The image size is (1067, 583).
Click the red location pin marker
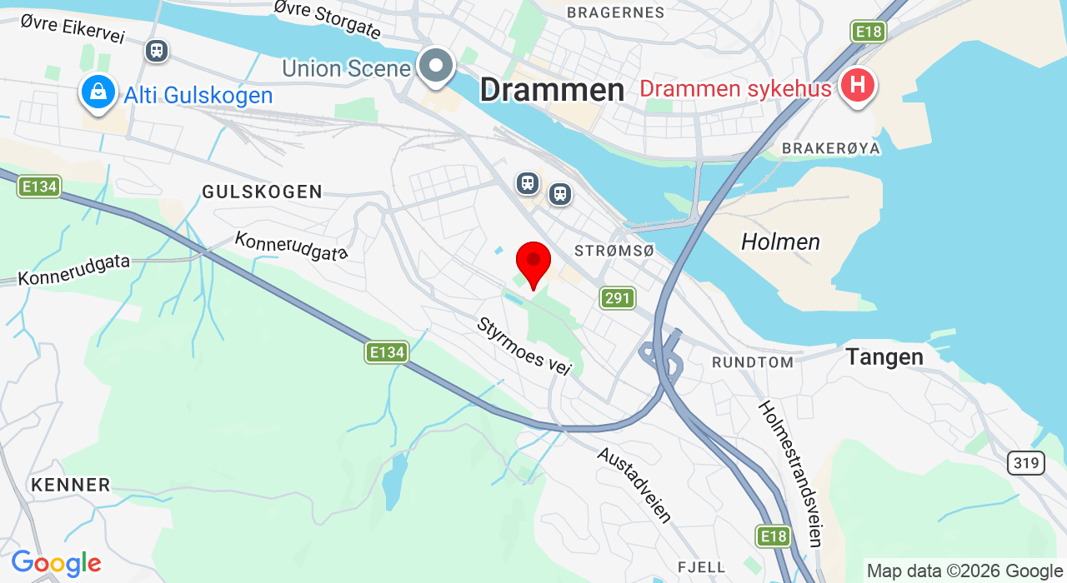point(533,262)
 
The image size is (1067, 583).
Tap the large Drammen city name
point(552,90)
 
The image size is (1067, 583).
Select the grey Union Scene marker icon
point(435,67)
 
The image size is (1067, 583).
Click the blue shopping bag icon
point(98,92)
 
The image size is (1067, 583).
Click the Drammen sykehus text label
point(735,88)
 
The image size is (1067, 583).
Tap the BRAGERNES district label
point(615,12)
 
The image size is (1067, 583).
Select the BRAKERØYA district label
point(831,148)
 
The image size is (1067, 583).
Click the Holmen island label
point(780,242)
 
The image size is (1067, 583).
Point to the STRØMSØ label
point(614,251)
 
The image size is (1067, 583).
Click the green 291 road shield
point(618,297)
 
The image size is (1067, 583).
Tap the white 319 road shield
point(1025,463)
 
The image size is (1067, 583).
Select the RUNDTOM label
point(752,362)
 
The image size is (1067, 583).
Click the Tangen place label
point(884,357)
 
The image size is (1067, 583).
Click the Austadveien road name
point(634,485)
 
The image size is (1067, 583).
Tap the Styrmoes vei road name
point(523,346)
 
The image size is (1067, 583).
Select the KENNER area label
point(71,485)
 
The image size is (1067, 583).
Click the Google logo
point(56,563)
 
